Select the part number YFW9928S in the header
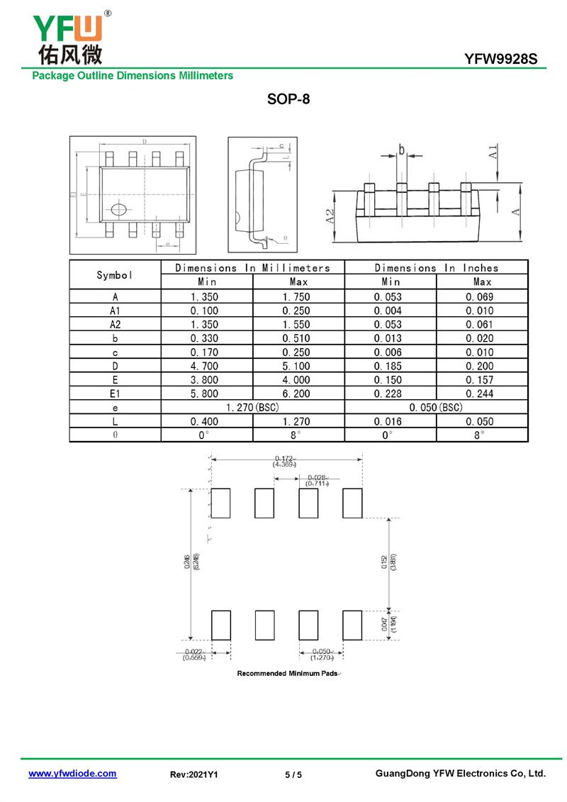pyautogui.click(x=505, y=60)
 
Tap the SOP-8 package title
pyautogui.click(x=288, y=99)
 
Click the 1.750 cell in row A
pyautogui.click(x=298, y=297)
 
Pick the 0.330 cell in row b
pyautogui.click(x=204, y=338)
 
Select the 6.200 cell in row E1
pyautogui.click(x=298, y=394)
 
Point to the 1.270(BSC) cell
pyautogui.click(x=252, y=408)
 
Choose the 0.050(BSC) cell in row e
pyautogui.click(x=437, y=408)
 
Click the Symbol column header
pyautogui.click(x=115, y=274)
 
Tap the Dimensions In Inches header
pyautogui.click(x=437, y=268)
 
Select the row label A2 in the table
pyautogui.click(x=115, y=325)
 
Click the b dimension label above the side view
pyautogui.click(x=401, y=150)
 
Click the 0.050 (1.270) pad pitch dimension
pyautogui.click(x=322, y=654)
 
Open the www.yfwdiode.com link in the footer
pyautogui.click(x=72, y=774)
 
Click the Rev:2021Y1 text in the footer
pyautogui.click(x=193, y=774)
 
